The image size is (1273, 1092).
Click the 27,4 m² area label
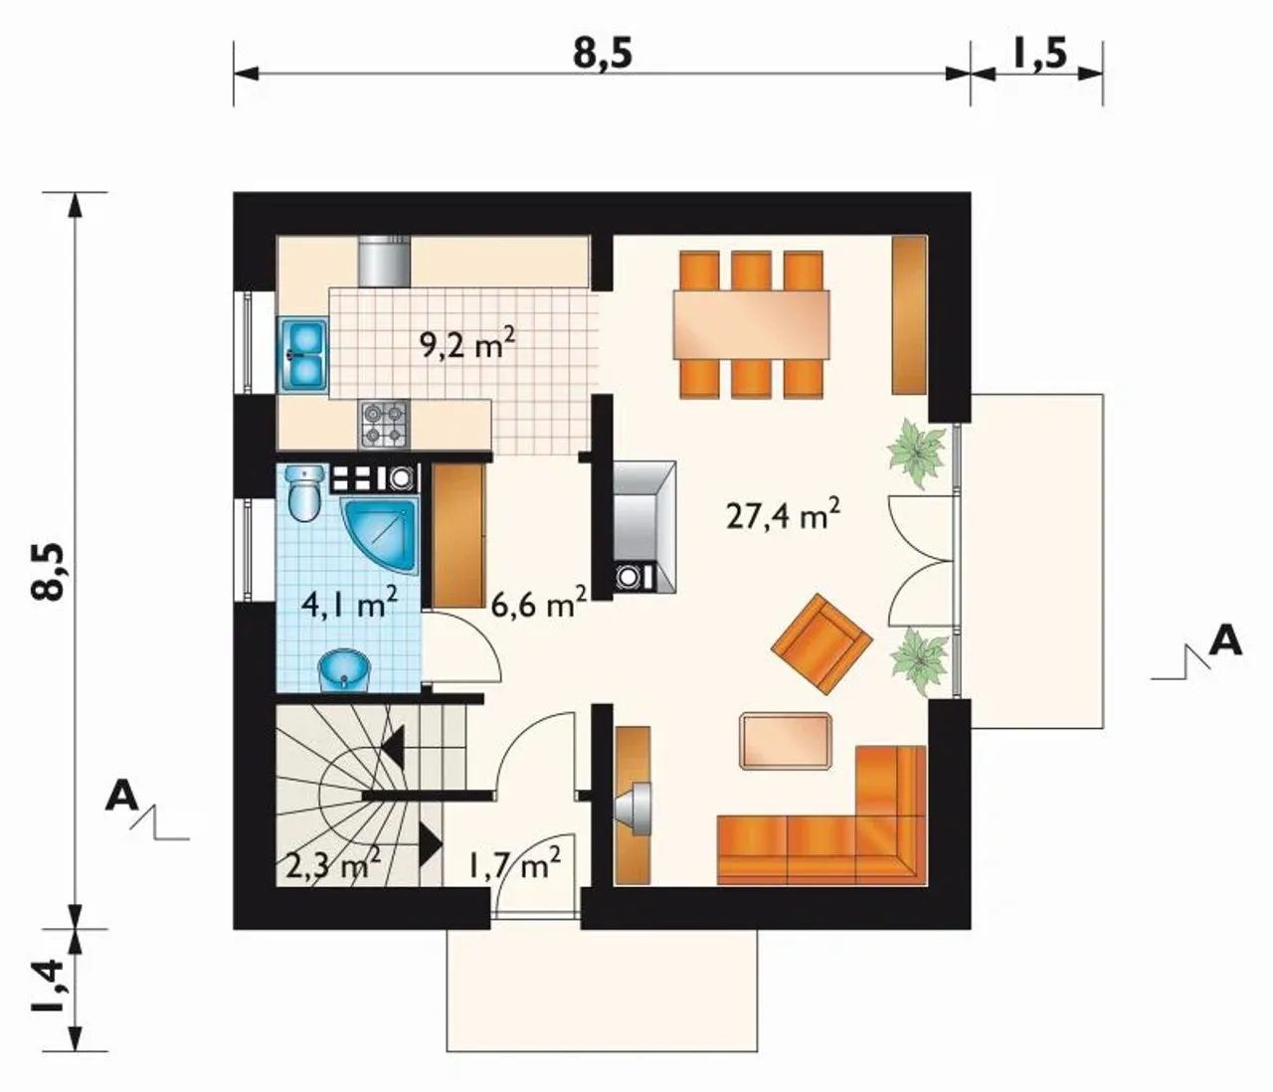pos(783,515)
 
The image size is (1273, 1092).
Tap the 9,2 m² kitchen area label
pos(466,345)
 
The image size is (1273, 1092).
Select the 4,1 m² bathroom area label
pos(349,603)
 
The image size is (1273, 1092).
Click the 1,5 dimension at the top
pos(1037,54)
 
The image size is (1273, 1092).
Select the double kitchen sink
pos(304,354)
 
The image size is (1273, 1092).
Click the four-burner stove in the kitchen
pos(385,425)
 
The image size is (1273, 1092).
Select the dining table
pos(751,324)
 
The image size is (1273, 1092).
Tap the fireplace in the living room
pos(644,526)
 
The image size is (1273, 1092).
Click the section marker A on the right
pos(1224,642)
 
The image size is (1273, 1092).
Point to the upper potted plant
pos(917,453)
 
